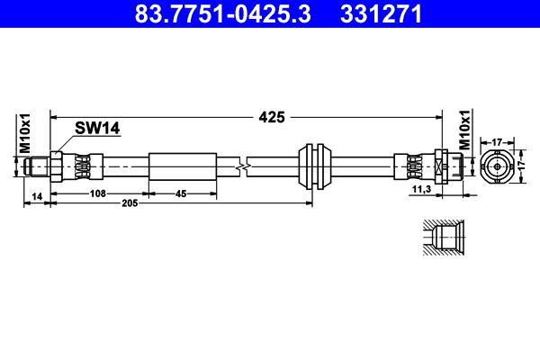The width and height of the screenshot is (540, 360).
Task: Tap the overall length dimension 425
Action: [272, 116]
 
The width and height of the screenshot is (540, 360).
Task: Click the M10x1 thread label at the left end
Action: [26, 131]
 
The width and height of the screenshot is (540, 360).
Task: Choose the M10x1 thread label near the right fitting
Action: [465, 130]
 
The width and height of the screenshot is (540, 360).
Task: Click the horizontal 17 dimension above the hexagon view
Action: [497, 140]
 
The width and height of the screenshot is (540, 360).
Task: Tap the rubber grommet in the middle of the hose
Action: [315, 166]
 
